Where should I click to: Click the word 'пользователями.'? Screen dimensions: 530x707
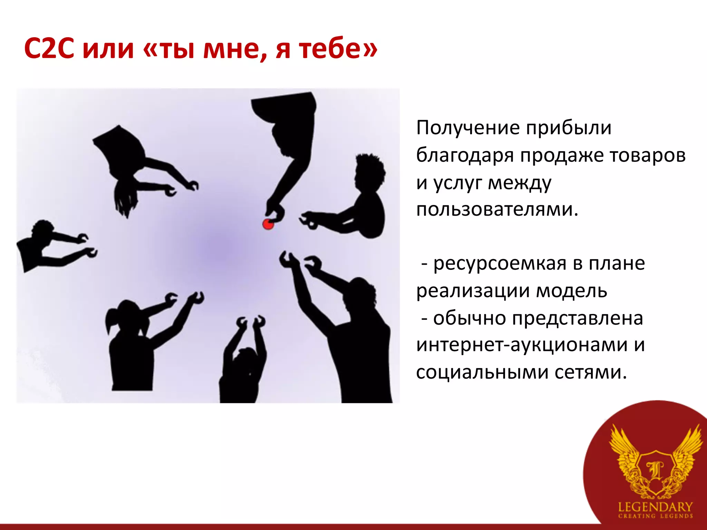pos(497,209)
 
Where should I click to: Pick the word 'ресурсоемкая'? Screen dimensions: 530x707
pos(500,264)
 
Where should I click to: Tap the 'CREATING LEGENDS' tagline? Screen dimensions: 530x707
pos(655,517)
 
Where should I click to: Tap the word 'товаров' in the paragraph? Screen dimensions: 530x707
pos(647,155)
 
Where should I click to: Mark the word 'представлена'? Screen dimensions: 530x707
pos(577,318)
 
